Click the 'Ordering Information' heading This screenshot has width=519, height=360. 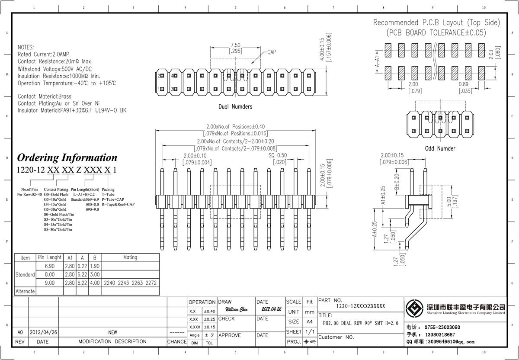click(67, 157)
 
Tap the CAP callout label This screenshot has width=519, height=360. click(272, 52)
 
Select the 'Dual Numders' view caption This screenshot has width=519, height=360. click(235, 106)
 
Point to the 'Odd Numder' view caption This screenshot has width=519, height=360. click(440, 148)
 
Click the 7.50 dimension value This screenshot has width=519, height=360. click(236, 45)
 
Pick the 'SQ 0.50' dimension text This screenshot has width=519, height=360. click(278, 155)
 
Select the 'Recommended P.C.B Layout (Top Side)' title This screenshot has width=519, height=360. click(436, 22)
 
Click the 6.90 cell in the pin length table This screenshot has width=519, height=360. click(50, 266)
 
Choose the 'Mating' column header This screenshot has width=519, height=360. click(130, 257)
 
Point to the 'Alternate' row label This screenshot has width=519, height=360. click(25, 291)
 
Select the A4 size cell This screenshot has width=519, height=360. click(310, 322)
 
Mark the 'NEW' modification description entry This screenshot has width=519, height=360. click(112, 332)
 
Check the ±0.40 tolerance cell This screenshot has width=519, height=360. click(209, 311)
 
